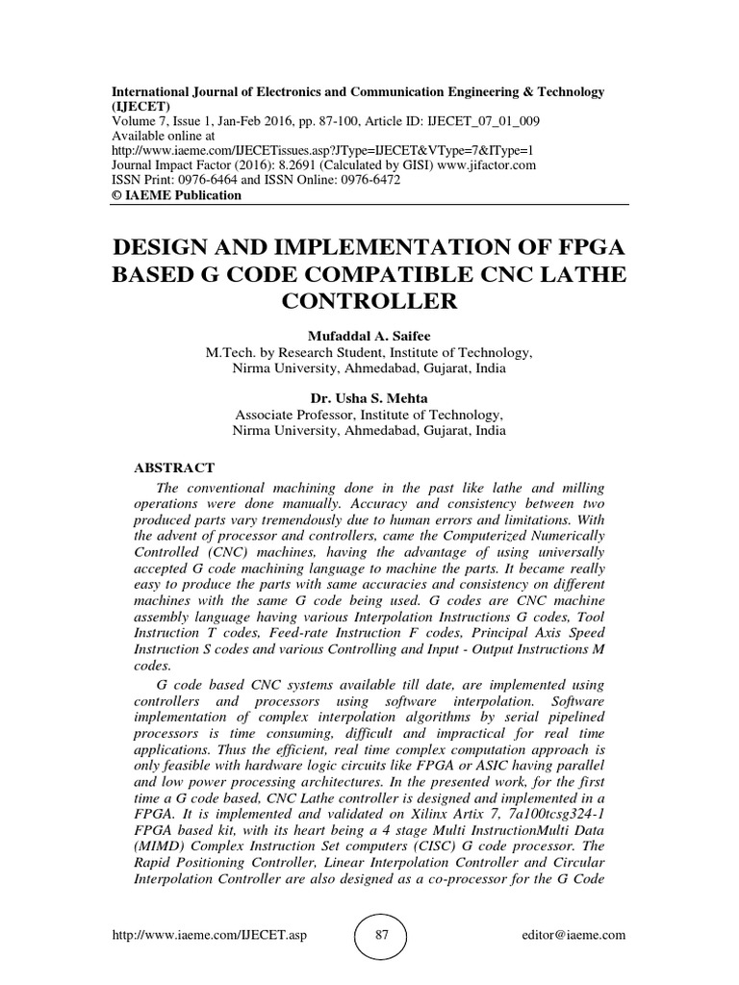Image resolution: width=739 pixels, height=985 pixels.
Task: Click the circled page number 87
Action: (x=379, y=934)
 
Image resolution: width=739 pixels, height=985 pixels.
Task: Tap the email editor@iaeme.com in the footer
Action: (x=573, y=934)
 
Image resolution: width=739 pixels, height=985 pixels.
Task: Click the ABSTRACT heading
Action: (x=173, y=467)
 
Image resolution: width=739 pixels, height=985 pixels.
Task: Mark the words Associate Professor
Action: (x=296, y=415)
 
